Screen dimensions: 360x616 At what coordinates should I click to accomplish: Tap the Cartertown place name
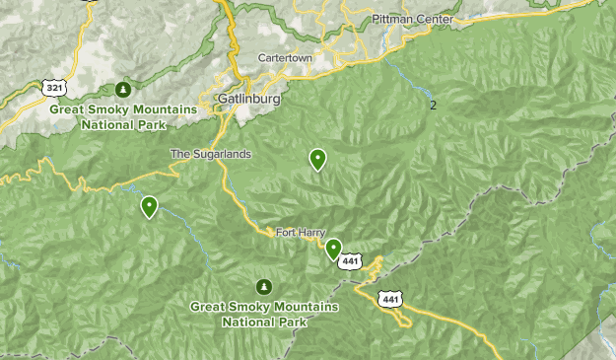tap(286, 58)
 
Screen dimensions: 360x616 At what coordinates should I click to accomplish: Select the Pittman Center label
tap(413, 20)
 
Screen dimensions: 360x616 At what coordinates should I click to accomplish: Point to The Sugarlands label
tap(211, 154)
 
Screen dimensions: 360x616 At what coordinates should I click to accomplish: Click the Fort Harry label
tap(301, 233)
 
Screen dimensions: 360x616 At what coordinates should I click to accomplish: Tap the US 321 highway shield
tap(55, 88)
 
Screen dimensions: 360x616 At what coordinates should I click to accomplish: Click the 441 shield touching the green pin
tap(351, 262)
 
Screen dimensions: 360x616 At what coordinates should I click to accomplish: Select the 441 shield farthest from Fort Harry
tap(391, 299)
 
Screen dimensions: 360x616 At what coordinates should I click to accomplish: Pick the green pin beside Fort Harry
tap(334, 249)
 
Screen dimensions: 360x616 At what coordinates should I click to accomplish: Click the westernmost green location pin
tap(149, 206)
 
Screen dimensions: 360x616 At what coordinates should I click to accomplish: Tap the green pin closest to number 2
tap(318, 158)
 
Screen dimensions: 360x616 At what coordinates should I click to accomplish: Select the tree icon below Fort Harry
tap(264, 287)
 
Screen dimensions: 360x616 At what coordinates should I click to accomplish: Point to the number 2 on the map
tap(433, 105)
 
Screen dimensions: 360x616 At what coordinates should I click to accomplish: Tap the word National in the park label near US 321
tap(107, 125)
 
